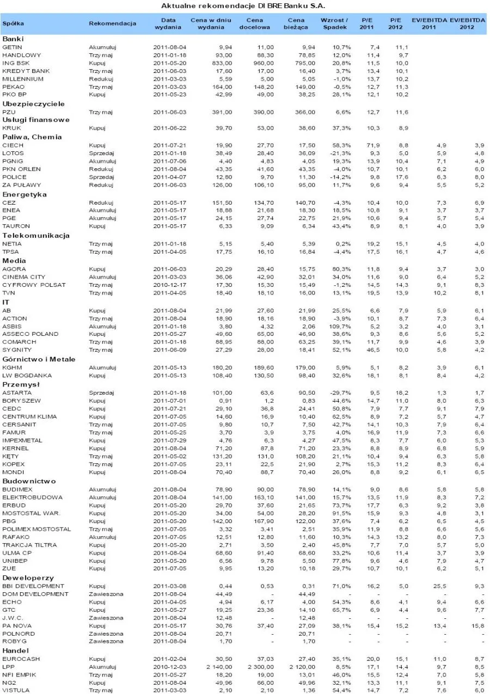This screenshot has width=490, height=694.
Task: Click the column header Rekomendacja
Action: coord(112,23)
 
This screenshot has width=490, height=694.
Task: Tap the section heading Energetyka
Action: coord(24,194)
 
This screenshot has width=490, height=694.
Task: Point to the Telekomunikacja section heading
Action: coord(36,235)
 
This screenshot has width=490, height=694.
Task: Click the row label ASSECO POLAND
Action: coord(30,334)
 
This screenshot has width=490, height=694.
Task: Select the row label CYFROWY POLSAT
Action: coord(34,285)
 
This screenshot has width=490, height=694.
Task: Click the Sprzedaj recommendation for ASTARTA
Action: coord(102,392)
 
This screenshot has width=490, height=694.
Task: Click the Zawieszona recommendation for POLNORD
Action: coord(106,634)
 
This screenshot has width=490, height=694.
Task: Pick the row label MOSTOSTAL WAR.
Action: coord(31,513)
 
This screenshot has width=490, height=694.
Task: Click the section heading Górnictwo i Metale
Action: coord(39,359)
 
